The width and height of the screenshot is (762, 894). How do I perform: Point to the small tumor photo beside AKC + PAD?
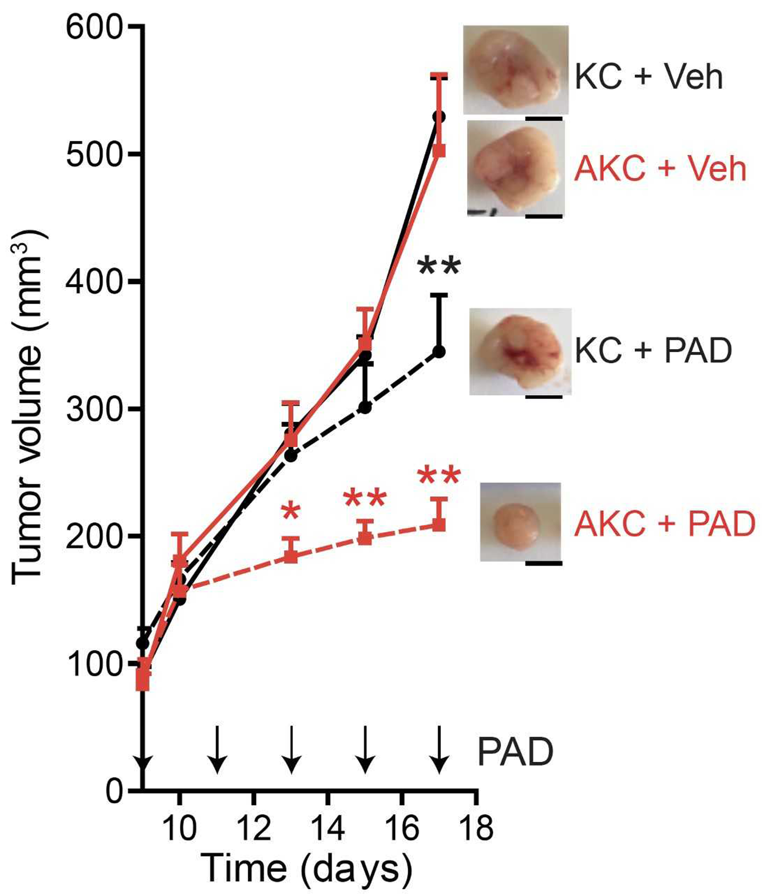click(520, 522)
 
